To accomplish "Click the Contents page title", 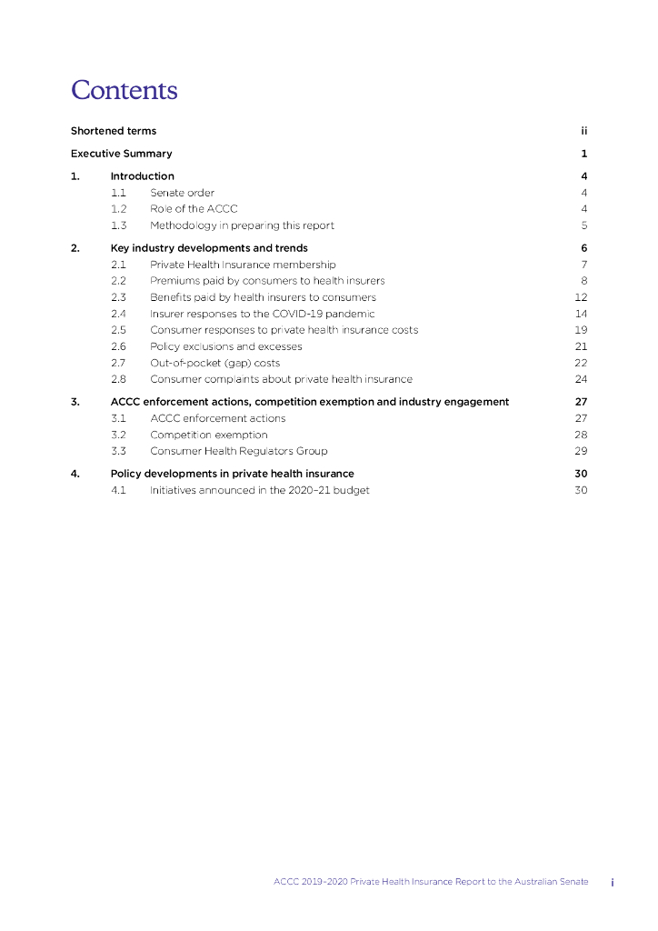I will pos(125,91).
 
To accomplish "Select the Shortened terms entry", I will pos(114,131).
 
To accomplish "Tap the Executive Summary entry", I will pos(121,154).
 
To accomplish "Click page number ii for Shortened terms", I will pos(583,131).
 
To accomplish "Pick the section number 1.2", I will pos(118,209).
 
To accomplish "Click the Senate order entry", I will pos(182,193).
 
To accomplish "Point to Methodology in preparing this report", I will pos(242,225).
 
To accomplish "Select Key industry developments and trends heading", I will pos(209,248).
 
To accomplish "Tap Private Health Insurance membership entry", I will pos(243,265).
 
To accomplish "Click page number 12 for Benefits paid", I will pos(582,297).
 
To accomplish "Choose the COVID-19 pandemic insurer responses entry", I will pos(262,314).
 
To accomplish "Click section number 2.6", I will pos(118,346).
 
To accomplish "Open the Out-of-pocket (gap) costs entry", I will pos(214,363).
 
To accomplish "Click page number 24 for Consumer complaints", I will pos(582,379).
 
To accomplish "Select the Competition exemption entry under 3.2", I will pos(209,435).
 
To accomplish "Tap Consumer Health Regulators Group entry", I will pos(238,451).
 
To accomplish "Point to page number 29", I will pos(582,451).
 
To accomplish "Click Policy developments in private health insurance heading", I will pos(232,474).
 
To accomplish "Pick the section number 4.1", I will pos(118,491).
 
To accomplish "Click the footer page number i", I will pos(613,882).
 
